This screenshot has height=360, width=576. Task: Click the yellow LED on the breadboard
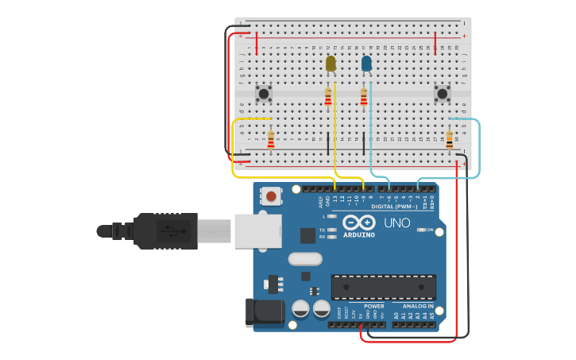click(331, 63)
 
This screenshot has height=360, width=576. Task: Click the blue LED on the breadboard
click(366, 63)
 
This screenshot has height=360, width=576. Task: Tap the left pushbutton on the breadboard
click(264, 94)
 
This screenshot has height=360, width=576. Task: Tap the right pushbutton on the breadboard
click(442, 94)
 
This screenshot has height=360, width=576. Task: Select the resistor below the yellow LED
click(328, 98)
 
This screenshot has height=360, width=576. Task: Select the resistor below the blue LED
click(364, 97)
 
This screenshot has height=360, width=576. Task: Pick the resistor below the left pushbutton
click(271, 141)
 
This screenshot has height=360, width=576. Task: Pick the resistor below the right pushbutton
click(450, 140)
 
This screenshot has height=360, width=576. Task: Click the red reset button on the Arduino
click(272, 195)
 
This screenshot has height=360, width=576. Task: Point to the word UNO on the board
click(397, 223)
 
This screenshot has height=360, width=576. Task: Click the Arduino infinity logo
click(358, 223)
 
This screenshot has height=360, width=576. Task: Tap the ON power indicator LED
click(421, 230)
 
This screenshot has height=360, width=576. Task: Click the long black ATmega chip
click(383, 287)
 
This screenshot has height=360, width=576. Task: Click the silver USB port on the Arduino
click(256, 229)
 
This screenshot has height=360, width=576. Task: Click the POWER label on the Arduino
click(373, 306)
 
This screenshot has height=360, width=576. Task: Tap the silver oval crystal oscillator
click(304, 258)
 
